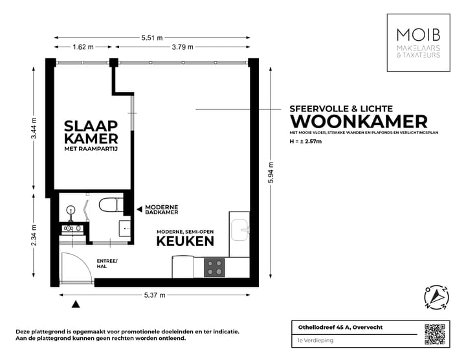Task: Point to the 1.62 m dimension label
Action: (83, 47)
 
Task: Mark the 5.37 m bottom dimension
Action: (154, 295)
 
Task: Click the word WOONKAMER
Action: (359, 121)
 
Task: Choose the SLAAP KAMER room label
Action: (90, 132)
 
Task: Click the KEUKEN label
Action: (185, 242)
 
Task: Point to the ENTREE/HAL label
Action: (107, 263)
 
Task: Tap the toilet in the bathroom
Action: (108, 205)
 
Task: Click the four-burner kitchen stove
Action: (214, 267)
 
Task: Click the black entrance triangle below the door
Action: (77, 304)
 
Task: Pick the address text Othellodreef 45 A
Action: (336, 328)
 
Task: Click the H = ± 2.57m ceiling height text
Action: (306, 141)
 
